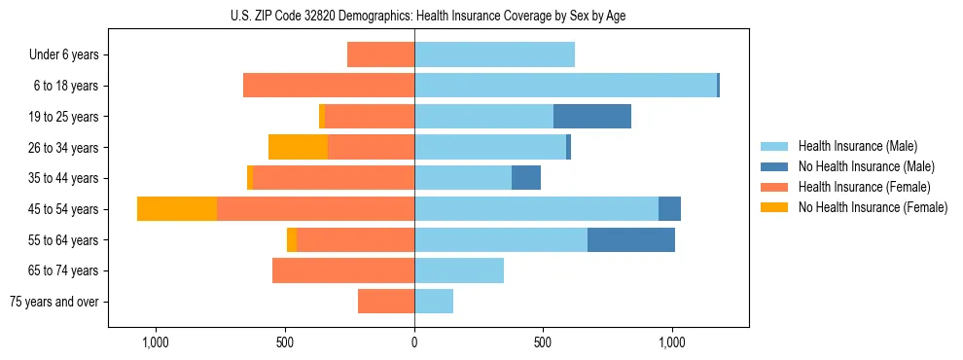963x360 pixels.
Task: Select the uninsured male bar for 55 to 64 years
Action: (631, 240)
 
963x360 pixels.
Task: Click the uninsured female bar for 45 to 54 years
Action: (177, 209)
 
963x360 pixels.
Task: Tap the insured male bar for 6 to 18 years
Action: (565, 86)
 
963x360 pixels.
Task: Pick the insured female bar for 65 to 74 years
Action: (343, 270)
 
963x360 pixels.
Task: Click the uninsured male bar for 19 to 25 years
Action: (592, 117)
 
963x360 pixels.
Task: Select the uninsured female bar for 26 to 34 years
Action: (298, 147)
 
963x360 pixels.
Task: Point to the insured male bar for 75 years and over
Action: (434, 302)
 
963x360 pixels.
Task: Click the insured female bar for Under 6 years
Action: (380, 54)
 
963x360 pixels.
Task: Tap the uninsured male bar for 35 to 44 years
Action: (526, 178)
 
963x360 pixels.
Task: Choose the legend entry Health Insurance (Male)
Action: (857, 146)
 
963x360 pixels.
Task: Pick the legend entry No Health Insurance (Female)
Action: (872, 207)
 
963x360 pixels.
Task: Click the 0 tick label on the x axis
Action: (414, 342)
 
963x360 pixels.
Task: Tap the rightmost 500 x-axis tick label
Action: (543, 342)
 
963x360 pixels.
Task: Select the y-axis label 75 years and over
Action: (53, 302)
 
